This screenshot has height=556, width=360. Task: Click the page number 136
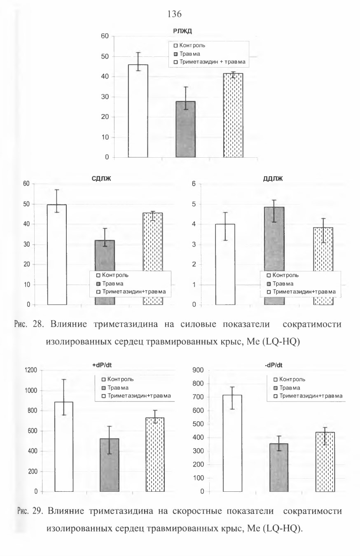175,14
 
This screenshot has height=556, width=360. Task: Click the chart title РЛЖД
182,31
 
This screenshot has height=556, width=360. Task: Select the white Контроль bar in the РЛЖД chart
138,111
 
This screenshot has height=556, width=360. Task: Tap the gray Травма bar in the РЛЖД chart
185,129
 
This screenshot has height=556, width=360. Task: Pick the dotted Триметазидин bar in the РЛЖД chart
233,115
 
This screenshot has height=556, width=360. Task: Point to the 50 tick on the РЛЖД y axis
105,56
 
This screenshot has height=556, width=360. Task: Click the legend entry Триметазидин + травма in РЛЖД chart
210,62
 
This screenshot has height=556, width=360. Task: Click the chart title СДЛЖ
101,178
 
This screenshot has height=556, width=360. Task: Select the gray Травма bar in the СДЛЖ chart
105,256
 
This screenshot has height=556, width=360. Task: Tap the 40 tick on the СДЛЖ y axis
26,224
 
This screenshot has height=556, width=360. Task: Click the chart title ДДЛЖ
273,178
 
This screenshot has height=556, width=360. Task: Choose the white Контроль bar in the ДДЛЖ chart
225,264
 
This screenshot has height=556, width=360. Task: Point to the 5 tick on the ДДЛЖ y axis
194,204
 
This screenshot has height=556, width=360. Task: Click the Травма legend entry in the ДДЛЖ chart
280,283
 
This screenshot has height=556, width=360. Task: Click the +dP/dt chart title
102,365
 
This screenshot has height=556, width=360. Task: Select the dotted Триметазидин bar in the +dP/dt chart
155,455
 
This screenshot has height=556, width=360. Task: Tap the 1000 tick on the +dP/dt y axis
31,390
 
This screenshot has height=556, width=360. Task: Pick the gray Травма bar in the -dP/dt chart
279,467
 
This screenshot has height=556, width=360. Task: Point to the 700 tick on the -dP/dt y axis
198,397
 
